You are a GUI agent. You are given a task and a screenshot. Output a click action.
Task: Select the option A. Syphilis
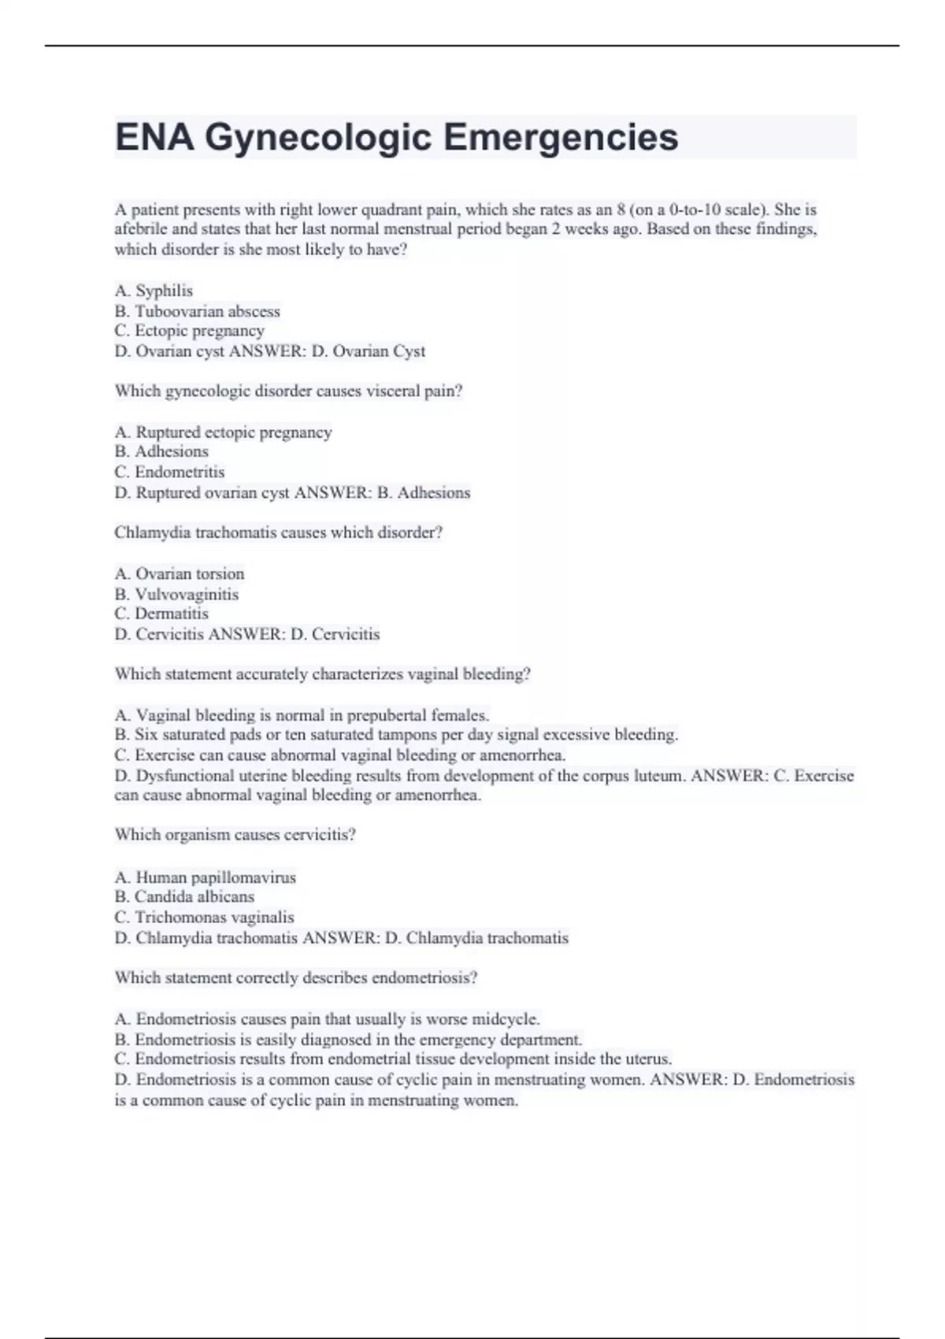click(x=154, y=291)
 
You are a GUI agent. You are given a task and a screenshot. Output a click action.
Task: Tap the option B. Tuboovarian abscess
click(x=197, y=311)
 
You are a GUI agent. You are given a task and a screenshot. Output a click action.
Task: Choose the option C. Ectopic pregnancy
click(x=189, y=331)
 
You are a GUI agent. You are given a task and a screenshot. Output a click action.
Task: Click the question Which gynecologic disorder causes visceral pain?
click(x=288, y=391)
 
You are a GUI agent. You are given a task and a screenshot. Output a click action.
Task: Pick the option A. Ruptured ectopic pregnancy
click(x=223, y=432)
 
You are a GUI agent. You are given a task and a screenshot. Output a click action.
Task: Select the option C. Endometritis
click(x=169, y=472)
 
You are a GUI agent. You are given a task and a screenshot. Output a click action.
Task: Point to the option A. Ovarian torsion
click(x=179, y=573)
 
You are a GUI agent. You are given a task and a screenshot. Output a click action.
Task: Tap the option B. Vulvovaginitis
click(x=176, y=594)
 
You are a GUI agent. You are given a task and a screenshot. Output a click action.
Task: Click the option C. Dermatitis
click(x=161, y=614)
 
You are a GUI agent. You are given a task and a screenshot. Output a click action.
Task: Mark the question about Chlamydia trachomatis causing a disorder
click(x=278, y=532)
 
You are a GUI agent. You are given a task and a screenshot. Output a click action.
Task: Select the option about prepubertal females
click(x=302, y=715)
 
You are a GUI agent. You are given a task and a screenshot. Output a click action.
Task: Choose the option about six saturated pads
click(x=396, y=735)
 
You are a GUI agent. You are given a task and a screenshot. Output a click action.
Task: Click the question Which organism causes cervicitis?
click(x=235, y=835)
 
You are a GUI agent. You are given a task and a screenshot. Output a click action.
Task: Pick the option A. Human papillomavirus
click(x=205, y=877)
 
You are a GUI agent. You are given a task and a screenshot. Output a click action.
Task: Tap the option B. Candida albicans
click(x=184, y=896)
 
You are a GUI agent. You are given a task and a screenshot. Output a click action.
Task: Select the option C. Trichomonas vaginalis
click(x=204, y=917)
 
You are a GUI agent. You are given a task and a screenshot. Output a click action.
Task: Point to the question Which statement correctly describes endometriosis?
click(x=296, y=977)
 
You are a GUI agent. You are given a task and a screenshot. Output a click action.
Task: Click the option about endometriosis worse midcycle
click(x=327, y=1019)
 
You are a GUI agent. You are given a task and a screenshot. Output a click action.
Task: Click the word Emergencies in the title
click(x=560, y=138)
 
